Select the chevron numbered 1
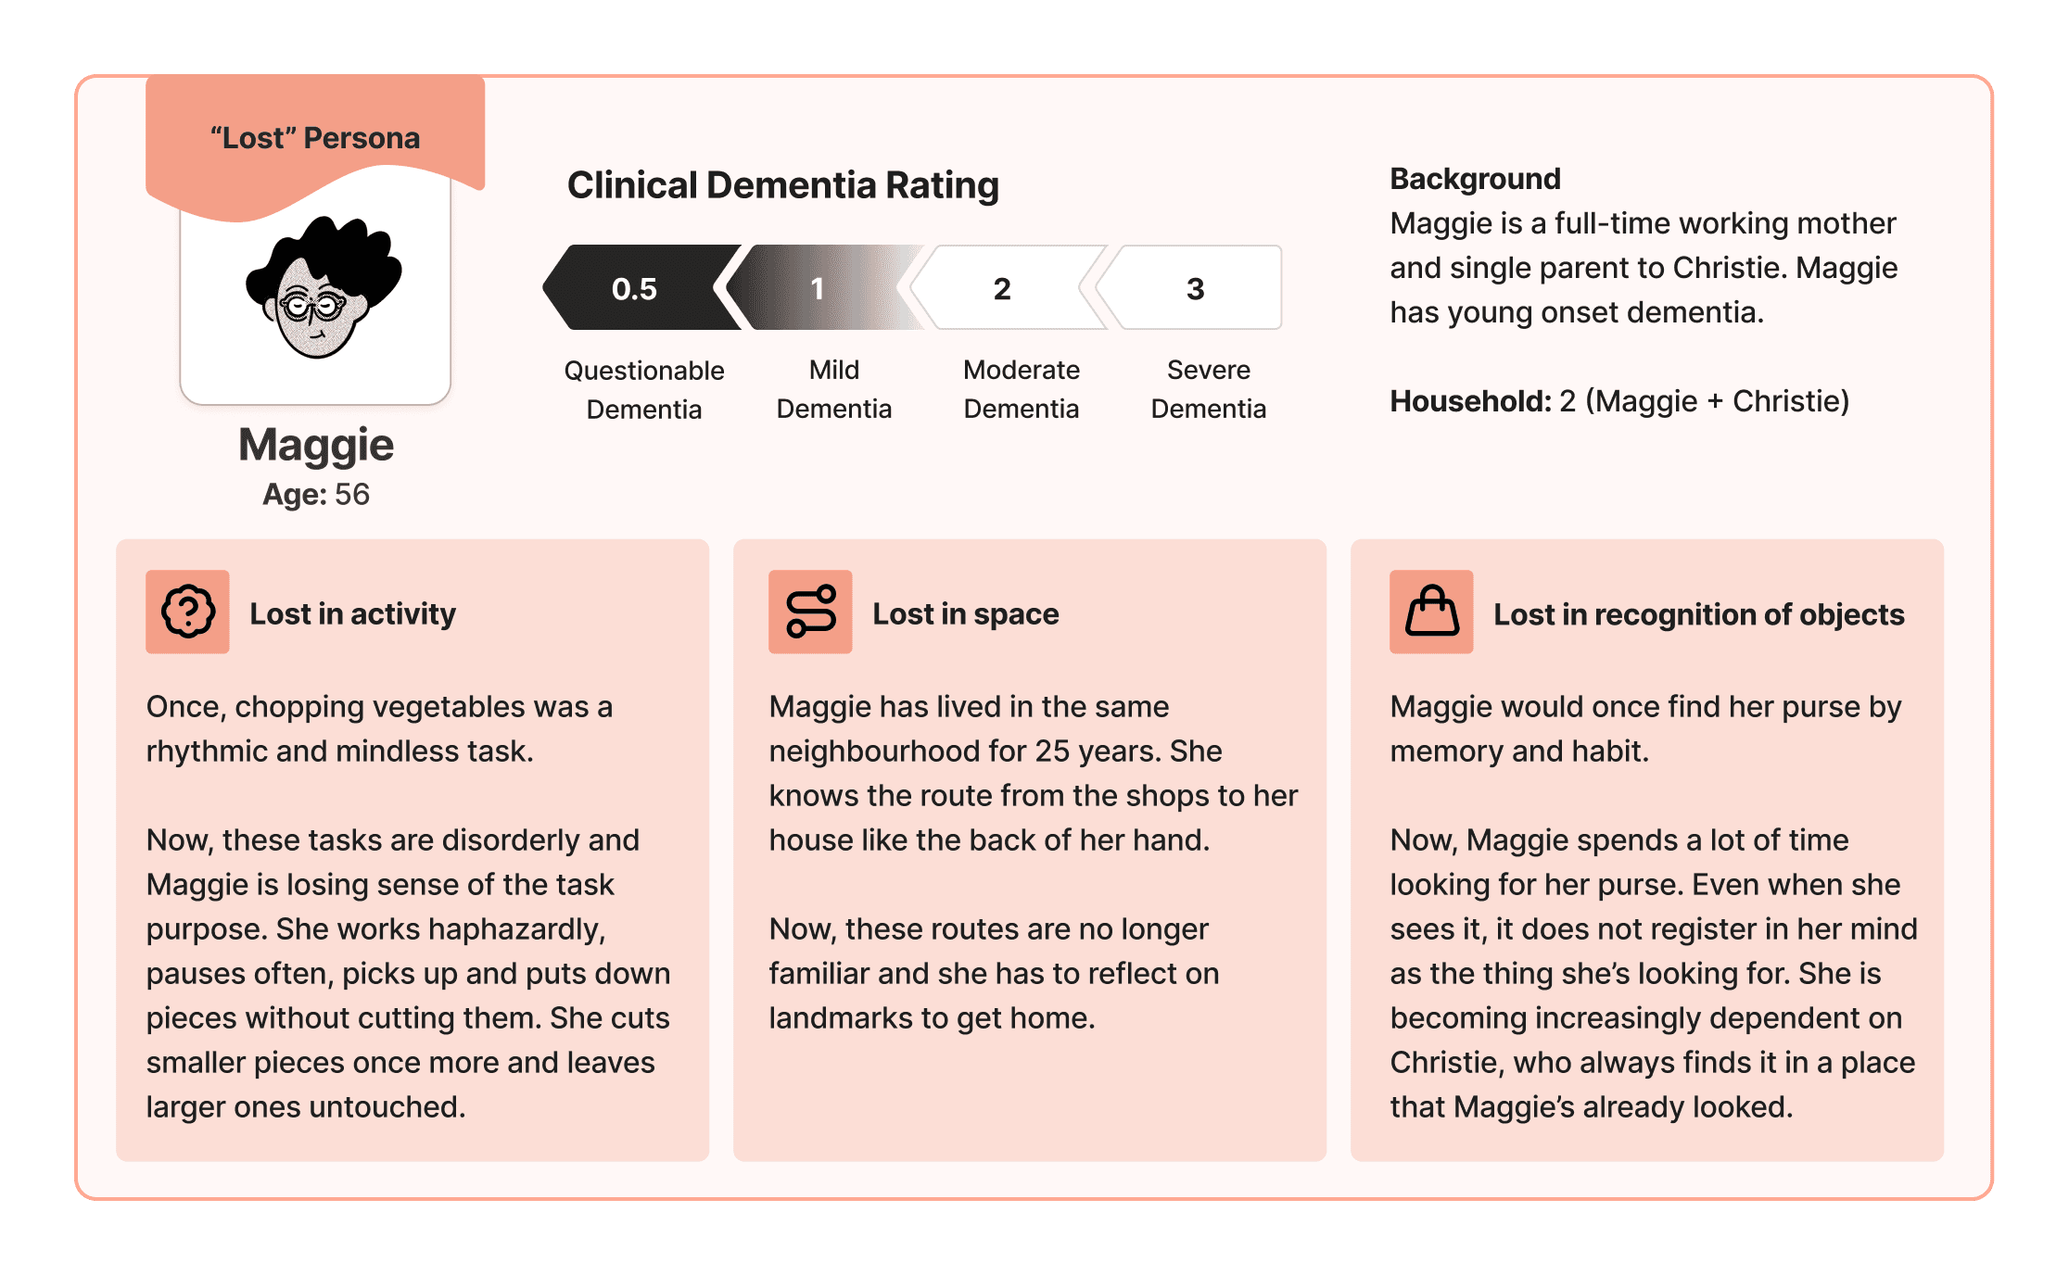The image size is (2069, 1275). tap(820, 287)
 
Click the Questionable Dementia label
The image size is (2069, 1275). tap(644, 389)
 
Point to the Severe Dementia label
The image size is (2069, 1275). tap(1209, 389)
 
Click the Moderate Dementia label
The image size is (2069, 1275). tap(1022, 389)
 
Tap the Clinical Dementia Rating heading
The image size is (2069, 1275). tap(783, 185)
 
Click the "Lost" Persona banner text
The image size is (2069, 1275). tap(315, 138)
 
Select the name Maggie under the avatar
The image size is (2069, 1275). tap(316, 447)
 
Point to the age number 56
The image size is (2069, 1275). tap(352, 494)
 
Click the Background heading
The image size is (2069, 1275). tap(1475, 179)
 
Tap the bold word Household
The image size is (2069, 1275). tap(1470, 401)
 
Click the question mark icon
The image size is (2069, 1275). tap(187, 612)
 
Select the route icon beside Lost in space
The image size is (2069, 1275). tap(810, 612)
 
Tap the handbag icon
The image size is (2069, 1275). tap(1431, 612)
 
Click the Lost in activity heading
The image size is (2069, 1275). tap(353, 613)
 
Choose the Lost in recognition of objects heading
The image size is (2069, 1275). tap(1699, 614)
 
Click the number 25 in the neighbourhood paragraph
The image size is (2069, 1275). tap(1053, 751)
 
